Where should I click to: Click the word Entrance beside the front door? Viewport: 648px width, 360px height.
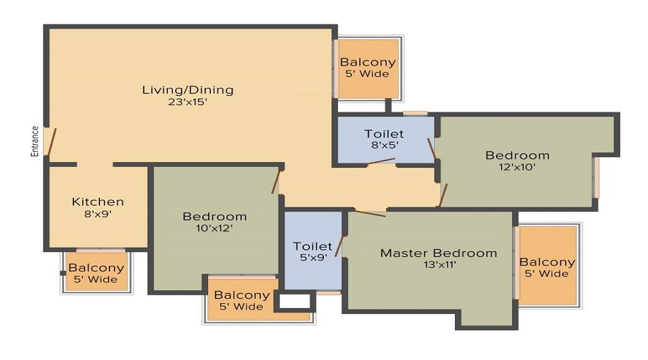pyautogui.click(x=35, y=141)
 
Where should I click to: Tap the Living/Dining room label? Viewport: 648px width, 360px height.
pyautogui.click(x=188, y=90)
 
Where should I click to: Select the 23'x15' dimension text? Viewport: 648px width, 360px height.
pyautogui.click(x=188, y=102)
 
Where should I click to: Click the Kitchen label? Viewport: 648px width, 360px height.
pyautogui.click(x=97, y=202)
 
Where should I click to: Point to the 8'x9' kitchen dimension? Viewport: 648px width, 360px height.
pyautogui.click(x=97, y=214)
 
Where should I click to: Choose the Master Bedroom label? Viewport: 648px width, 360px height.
pyautogui.click(x=438, y=253)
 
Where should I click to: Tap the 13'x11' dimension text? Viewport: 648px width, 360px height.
pyautogui.click(x=440, y=264)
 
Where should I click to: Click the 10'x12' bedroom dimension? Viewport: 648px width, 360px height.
pyautogui.click(x=215, y=228)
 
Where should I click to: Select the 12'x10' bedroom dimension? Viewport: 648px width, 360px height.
pyautogui.click(x=518, y=167)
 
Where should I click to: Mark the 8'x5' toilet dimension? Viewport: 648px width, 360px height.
pyautogui.click(x=384, y=145)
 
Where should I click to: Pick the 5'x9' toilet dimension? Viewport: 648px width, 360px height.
pyautogui.click(x=313, y=258)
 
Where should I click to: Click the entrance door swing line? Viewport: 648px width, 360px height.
pyautogui.click(x=52, y=142)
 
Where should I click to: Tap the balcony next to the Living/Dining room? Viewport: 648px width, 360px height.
pyautogui.click(x=368, y=68)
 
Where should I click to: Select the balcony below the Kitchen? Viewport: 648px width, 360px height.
pyautogui.click(x=96, y=271)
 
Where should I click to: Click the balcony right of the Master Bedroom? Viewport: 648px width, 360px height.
pyautogui.click(x=548, y=266)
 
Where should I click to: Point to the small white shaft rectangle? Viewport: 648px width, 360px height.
pyautogui.click(x=294, y=301)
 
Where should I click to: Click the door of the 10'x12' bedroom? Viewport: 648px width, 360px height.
pyautogui.click(x=276, y=182)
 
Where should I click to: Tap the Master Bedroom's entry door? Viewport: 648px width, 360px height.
pyautogui.click(x=370, y=213)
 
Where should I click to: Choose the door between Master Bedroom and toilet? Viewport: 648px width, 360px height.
pyautogui.click(x=339, y=247)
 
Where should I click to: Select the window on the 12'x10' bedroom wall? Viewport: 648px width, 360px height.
pyautogui.click(x=597, y=178)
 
